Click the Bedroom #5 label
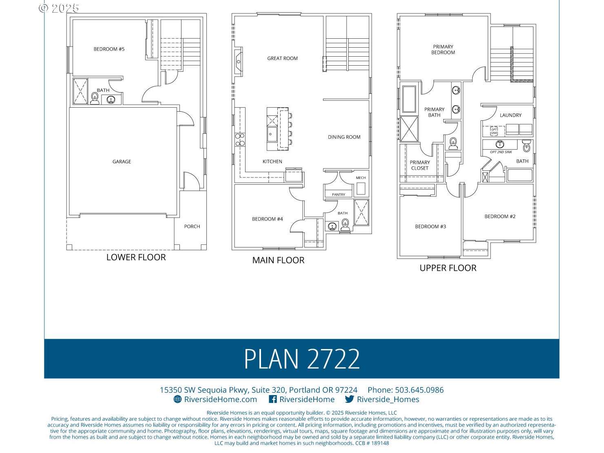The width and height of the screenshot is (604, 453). tap(109, 49)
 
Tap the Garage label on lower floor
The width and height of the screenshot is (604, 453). tap(122, 162)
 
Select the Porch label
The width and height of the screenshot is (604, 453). tap(192, 227)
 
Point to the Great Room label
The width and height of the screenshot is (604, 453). tap(282, 59)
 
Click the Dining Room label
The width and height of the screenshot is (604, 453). tap(344, 137)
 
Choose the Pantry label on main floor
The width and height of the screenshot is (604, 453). tap(338, 195)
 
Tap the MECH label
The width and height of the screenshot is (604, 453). tap(361, 178)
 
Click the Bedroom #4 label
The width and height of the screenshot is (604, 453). tap(267, 219)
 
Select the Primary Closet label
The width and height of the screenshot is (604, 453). tap(420, 166)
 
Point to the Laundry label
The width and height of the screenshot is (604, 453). tap(510, 115)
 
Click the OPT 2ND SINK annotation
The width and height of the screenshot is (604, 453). tap(501, 152)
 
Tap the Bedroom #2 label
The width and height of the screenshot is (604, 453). tap(500, 217)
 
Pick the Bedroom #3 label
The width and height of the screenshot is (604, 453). tap(430, 227)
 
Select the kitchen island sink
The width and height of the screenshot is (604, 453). tap(272, 133)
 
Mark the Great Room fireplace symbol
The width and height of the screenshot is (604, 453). tap(238, 62)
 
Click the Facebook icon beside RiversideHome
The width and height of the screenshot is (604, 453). tap(273, 400)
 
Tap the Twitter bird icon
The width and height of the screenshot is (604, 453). tap(349, 400)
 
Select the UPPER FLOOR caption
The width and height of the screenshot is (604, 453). tap(448, 268)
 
